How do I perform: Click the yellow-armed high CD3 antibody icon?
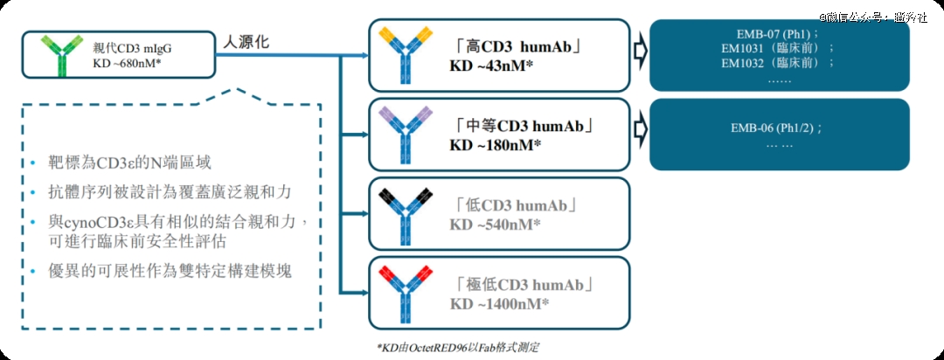[405, 55]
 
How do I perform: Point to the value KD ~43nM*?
[491, 65]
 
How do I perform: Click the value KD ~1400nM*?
[499, 303]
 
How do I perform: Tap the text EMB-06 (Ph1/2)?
[777, 128]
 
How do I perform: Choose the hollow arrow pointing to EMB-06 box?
[639, 128]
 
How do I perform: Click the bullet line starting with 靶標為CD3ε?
[130, 163]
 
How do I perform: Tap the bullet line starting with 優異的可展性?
[170, 272]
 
